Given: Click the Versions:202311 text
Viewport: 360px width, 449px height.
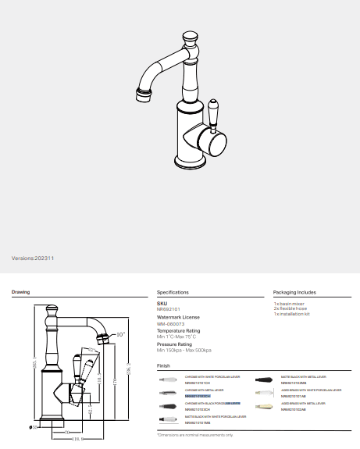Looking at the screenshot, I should pos(34,258).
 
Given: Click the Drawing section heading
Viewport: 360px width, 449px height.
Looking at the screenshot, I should pos(20,292).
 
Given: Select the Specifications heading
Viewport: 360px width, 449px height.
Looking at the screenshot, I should pos(173,292).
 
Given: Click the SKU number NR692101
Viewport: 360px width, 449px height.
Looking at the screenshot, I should pos(169,309).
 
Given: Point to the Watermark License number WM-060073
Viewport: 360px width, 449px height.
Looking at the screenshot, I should pos(171,323).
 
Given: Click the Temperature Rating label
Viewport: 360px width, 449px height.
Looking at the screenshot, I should pos(179,330).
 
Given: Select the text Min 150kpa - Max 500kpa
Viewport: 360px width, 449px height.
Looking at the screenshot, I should pos(184,351).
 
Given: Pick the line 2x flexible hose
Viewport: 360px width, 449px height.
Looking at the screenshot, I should pos(290,308).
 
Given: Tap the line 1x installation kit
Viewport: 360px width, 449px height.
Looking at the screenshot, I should pos(292,314).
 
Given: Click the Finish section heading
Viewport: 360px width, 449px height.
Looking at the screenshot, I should pos(163,365).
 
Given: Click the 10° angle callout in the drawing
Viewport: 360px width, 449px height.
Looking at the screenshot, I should pos(119,334).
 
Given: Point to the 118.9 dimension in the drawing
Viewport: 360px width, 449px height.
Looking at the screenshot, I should pos(79,439).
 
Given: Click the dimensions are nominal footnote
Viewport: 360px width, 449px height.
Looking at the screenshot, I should pos(195,435).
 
